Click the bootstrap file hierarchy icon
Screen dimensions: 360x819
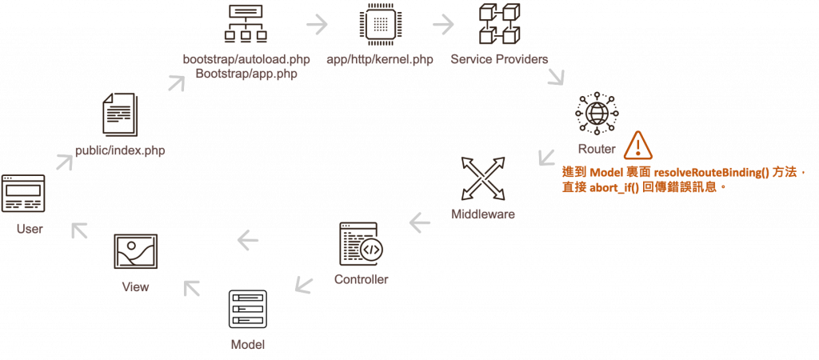click(246, 24)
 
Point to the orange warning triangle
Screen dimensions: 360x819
click(637, 145)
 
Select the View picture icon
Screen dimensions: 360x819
click(135, 253)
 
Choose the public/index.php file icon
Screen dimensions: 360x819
click(122, 116)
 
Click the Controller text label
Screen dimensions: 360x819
click(361, 280)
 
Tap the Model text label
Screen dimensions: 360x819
click(247, 344)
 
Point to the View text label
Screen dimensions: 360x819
click(135, 286)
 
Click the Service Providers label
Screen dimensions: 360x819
click(499, 60)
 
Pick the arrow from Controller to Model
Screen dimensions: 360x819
click(302, 282)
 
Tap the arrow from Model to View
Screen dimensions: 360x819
click(192, 286)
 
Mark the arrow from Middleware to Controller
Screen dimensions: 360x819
click(417, 222)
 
